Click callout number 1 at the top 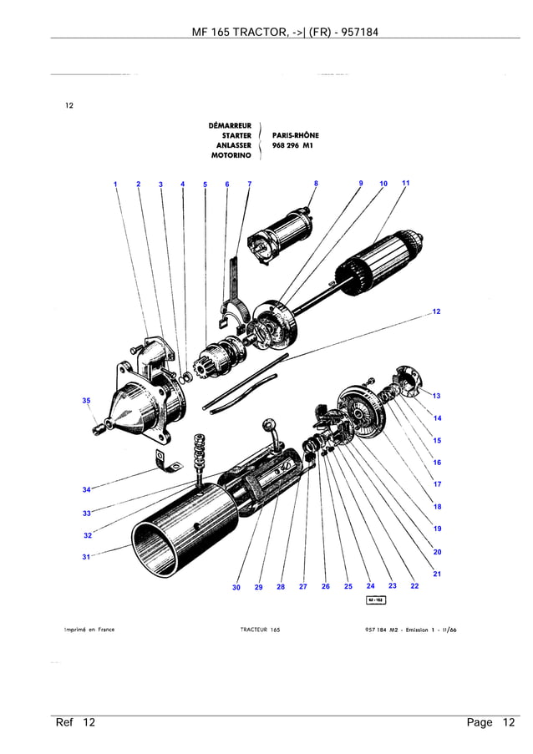click(x=115, y=184)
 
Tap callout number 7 click(x=249, y=184)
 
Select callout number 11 click(x=406, y=183)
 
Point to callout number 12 click(x=437, y=311)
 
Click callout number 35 click(x=86, y=401)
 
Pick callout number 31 click(x=86, y=557)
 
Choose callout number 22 click(x=414, y=586)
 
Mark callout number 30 click(x=236, y=587)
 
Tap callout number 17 click(x=437, y=484)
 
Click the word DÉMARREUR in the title click(x=230, y=126)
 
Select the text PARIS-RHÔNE click(x=295, y=135)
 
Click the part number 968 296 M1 click(x=291, y=145)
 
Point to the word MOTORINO click(x=231, y=155)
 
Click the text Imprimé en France click(x=89, y=630)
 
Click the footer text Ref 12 click(x=75, y=722)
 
